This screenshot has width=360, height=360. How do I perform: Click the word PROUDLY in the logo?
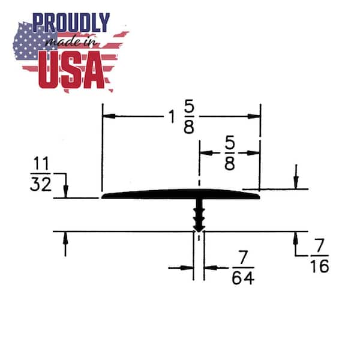[71, 22]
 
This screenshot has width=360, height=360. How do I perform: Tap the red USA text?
[71, 70]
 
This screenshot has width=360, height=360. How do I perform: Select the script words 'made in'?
[70, 42]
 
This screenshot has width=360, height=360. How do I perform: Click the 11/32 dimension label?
[41, 173]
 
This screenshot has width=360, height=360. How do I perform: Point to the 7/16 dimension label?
[319, 256]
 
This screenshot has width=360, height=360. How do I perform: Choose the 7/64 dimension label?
[243, 268]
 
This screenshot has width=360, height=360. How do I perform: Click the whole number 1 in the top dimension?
[172, 116]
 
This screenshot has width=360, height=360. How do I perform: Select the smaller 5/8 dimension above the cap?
[230, 152]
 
